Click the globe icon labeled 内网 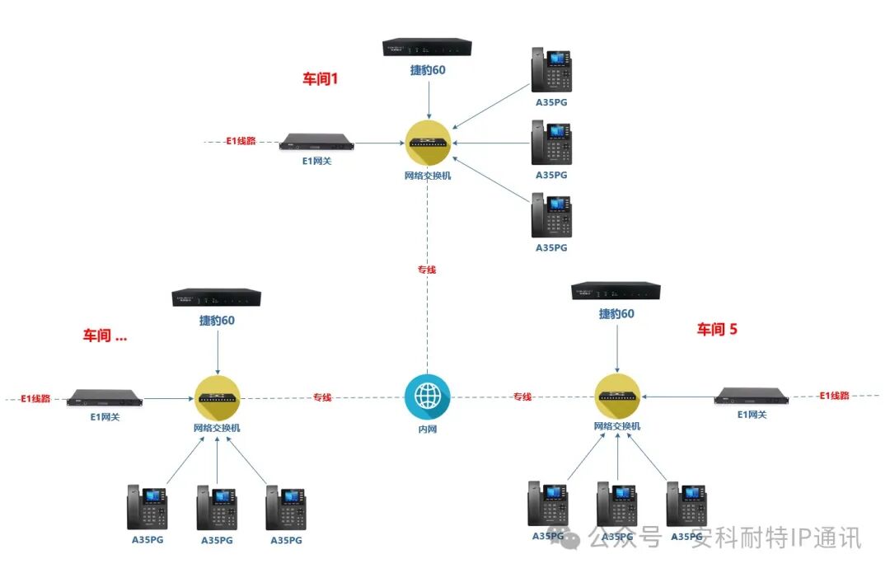[x=427, y=397]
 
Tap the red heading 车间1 [x=321, y=79]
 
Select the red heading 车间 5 [x=717, y=329]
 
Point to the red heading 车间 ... [x=104, y=336]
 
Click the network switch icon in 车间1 [x=429, y=143]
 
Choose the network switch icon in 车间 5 [x=617, y=397]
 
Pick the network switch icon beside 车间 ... [x=217, y=397]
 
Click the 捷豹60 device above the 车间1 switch [x=428, y=48]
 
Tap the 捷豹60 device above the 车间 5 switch [x=616, y=292]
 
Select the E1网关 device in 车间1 [x=316, y=142]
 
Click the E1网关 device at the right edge [x=752, y=396]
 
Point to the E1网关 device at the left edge [x=105, y=397]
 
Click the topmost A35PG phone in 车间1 [x=551, y=72]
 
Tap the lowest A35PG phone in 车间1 [x=551, y=216]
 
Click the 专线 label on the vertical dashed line [x=427, y=270]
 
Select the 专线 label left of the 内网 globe [x=322, y=397]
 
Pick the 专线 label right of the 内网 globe [x=522, y=397]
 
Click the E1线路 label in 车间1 [x=241, y=141]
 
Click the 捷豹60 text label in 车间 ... [x=217, y=320]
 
